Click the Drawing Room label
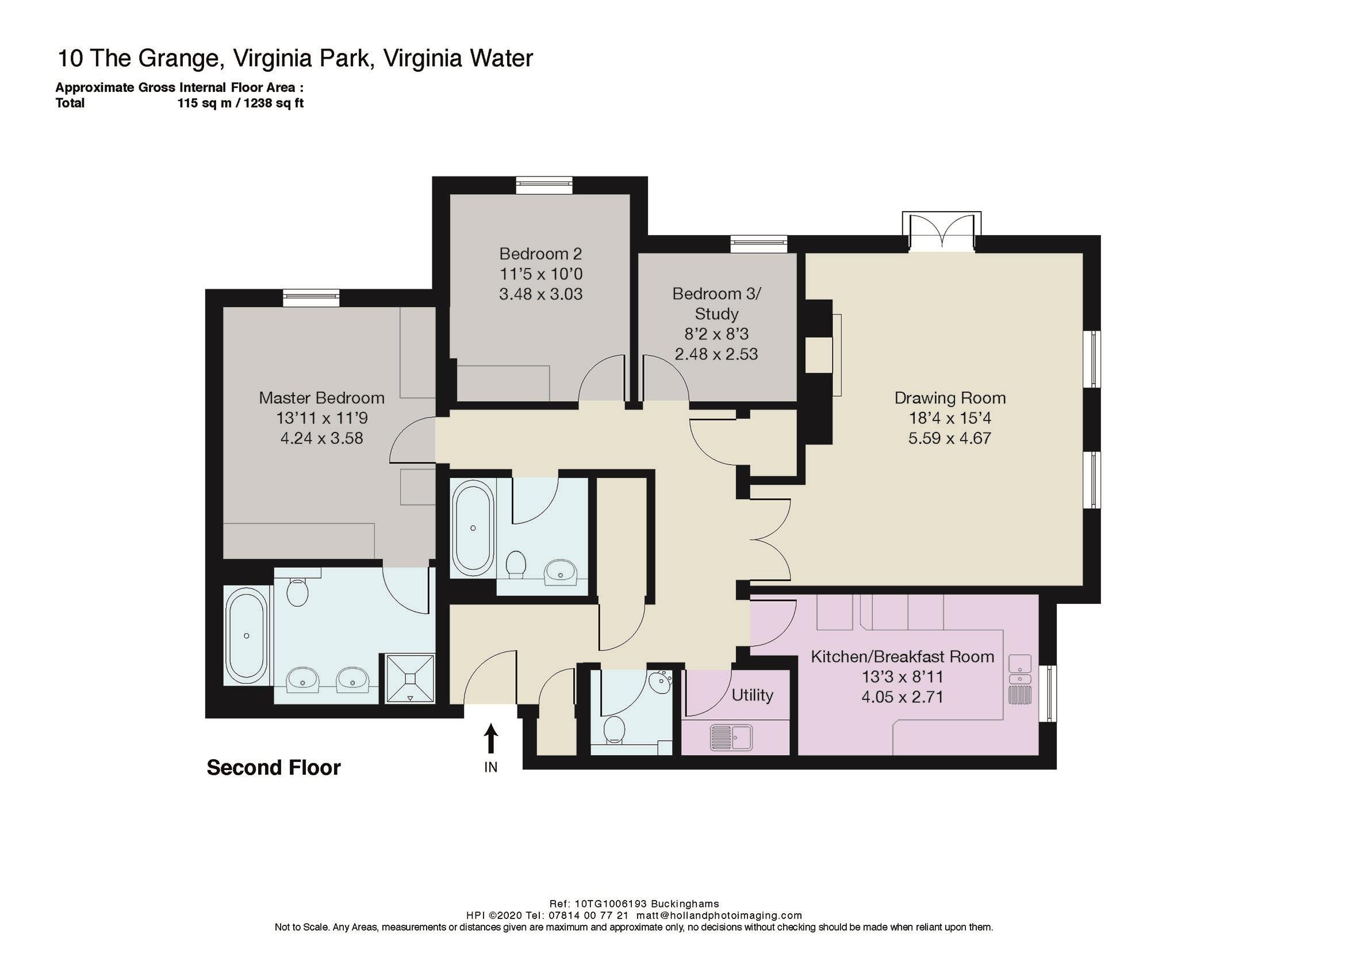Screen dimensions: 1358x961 [949, 397]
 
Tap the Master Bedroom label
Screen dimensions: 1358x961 [322, 397]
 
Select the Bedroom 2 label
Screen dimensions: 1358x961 [540, 254]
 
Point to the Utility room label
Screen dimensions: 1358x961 [753, 695]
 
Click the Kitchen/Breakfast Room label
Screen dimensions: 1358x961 [902, 656]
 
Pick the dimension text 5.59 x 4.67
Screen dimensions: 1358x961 [949, 438]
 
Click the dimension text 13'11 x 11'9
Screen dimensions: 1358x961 [322, 418]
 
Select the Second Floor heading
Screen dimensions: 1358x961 [273, 768]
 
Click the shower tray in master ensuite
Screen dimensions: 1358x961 [411, 678]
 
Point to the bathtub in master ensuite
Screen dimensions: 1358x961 [247, 635]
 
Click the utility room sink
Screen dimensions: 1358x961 [731, 738]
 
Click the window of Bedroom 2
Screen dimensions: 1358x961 [543, 185]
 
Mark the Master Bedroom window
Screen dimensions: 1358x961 [311, 298]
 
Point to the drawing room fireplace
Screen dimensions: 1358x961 [824, 344]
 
